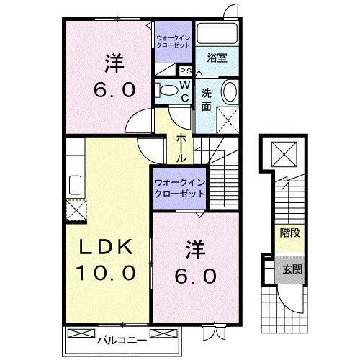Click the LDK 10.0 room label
point(107,260)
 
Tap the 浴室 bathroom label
point(217,58)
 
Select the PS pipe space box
point(185,71)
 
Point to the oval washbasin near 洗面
point(229,91)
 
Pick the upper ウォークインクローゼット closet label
point(173,40)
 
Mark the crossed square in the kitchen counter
point(75,209)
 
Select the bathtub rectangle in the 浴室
point(218,36)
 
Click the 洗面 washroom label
point(207,99)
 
